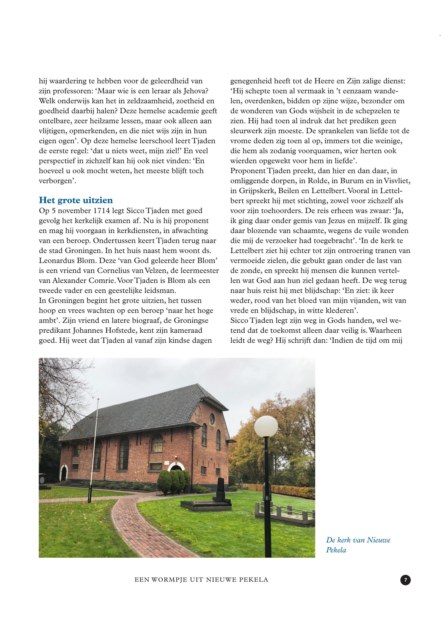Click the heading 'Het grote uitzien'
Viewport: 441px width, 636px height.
[76, 200]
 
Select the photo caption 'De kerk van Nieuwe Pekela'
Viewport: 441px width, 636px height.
[358, 545]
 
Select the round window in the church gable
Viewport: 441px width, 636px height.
[212, 419]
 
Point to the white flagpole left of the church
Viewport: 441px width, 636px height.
[94, 448]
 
